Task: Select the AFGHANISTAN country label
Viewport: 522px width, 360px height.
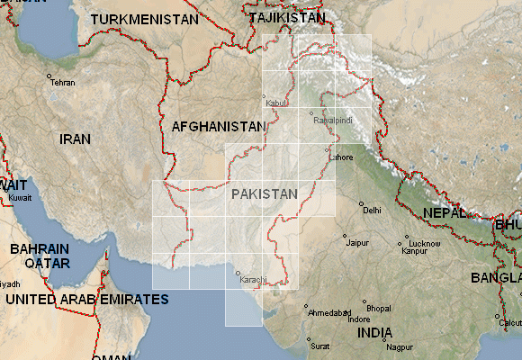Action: click(219, 127)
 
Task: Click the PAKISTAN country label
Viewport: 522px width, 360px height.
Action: click(264, 193)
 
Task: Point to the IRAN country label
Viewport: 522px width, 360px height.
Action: click(76, 139)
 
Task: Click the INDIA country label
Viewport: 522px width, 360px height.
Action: click(374, 332)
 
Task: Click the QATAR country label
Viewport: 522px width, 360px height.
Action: click(47, 264)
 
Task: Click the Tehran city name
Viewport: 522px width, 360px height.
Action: click(63, 83)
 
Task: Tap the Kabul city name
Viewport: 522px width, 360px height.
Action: click(275, 103)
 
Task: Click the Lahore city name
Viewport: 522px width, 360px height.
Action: click(342, 157)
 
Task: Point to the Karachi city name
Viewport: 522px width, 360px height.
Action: click(254, 280)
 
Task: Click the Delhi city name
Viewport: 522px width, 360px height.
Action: click(371, 211)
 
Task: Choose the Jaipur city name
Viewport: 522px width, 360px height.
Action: click(358, 243)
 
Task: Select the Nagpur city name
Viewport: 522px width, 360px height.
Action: click(399, 346)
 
